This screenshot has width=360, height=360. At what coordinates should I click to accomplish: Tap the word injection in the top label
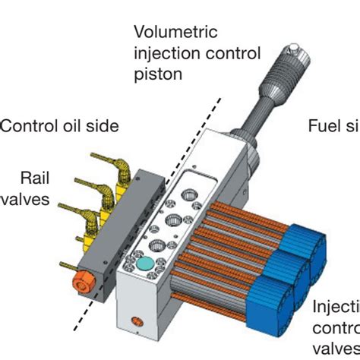coord(163,54)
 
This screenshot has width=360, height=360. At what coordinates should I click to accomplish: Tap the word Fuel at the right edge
coord(324,126)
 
